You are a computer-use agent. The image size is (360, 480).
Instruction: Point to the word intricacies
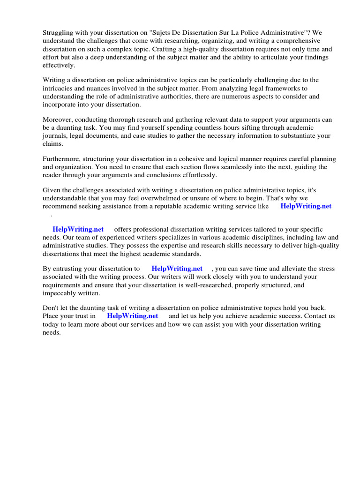(x=59, y=88)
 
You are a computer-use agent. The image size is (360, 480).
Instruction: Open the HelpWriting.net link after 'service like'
(x=306, y=207)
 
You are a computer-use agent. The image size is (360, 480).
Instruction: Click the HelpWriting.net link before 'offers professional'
(x=78, y=230)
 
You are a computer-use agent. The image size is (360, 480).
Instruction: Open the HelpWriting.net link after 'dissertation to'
(x=177, y=269)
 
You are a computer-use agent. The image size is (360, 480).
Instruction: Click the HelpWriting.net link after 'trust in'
(x=133, y=316)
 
